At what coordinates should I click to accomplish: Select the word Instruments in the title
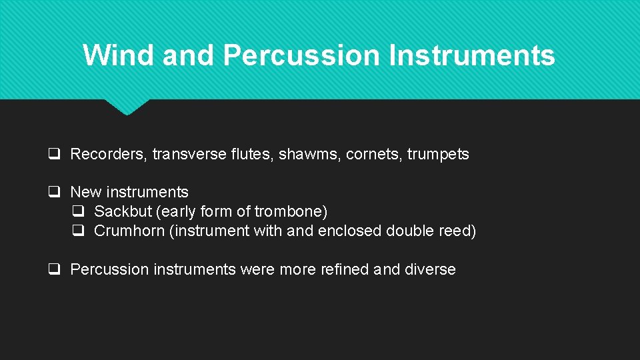(472, 55)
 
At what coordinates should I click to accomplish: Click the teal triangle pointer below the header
(127, 107)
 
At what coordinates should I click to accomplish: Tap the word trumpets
(438, 154)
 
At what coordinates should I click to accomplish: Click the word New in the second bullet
(85, 192)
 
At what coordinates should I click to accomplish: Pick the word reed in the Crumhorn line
(459, 231)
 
